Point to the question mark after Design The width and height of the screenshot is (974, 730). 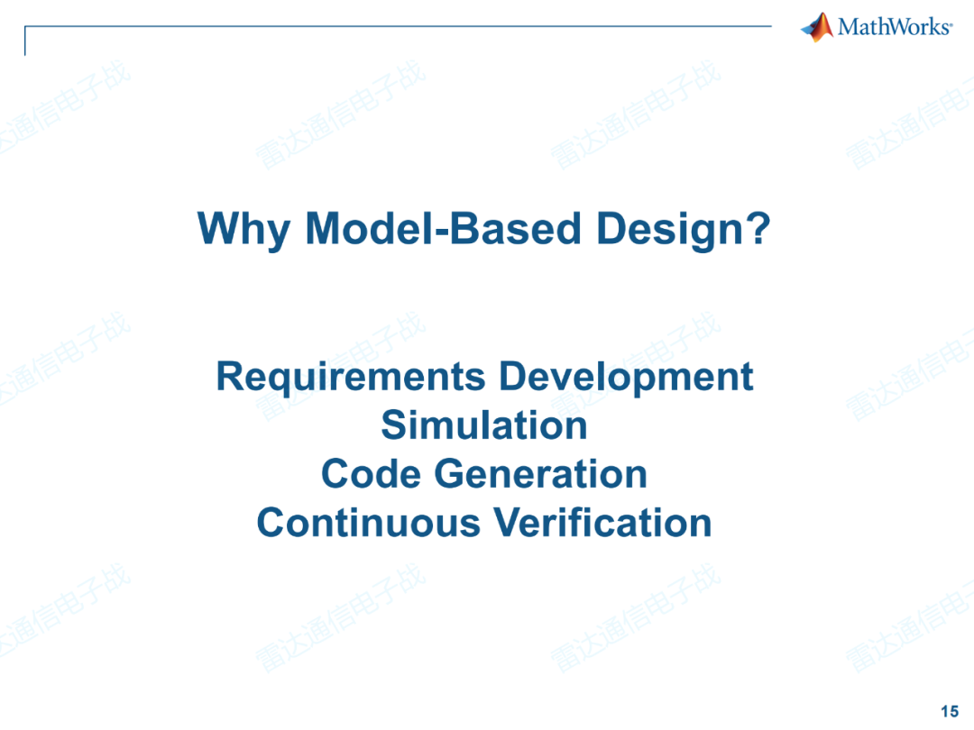[757, 227]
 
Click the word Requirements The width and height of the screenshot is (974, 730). [350, 378]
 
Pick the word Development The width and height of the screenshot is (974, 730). [626, 378]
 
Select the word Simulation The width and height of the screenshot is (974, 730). [484, 424]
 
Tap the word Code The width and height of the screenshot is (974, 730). [371, 473]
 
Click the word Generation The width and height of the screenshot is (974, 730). [540, 473]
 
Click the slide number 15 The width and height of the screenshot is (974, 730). [950, 711]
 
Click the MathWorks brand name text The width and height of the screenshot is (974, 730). [895, 27]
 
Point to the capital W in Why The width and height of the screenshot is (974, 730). [219, 228]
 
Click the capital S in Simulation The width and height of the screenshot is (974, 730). [394, 424]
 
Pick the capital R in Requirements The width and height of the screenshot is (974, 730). [231, 377]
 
